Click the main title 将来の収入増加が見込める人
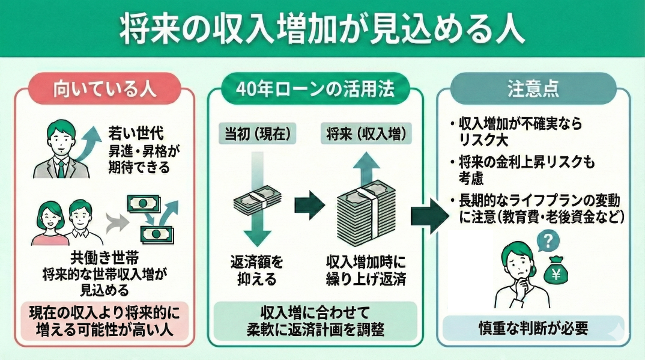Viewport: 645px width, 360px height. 322,29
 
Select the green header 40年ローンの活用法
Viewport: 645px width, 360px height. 315,90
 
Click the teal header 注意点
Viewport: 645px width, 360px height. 533,90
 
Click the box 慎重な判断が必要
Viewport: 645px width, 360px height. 533,329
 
